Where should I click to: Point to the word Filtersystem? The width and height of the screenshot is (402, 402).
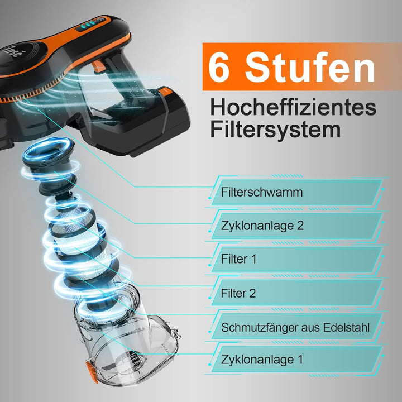click(275, 130)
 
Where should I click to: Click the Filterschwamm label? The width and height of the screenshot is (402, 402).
click(261, 193)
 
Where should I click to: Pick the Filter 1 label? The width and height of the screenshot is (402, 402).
click(239, 260)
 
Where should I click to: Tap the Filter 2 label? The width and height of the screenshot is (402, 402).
click(239, 293)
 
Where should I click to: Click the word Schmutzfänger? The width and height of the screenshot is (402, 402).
click(255, 327)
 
